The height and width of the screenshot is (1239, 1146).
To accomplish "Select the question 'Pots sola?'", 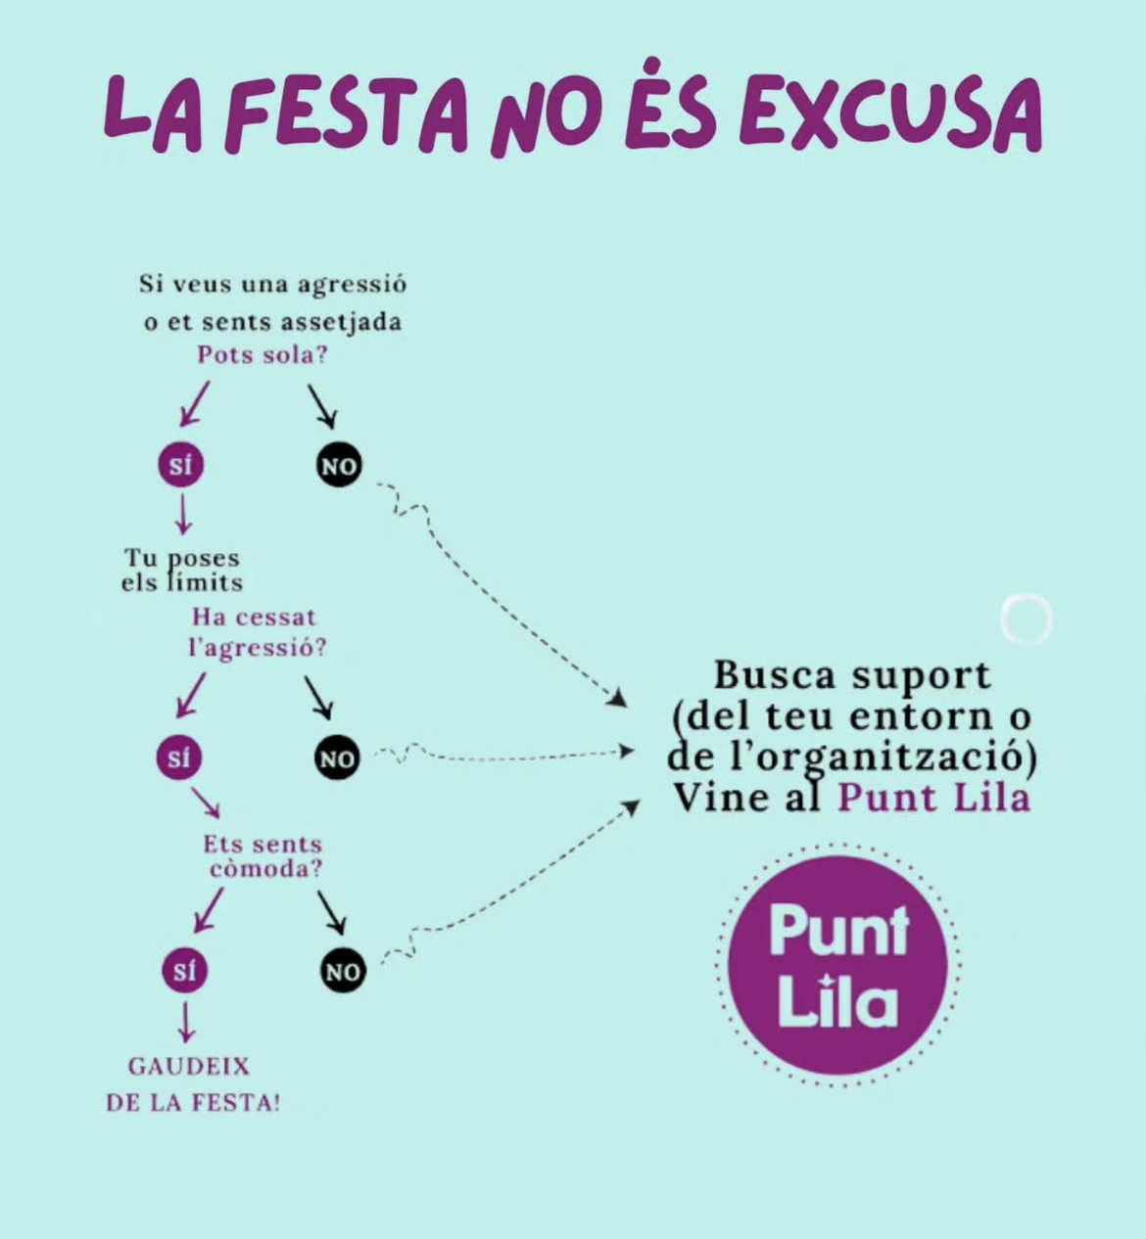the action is pos(263,355).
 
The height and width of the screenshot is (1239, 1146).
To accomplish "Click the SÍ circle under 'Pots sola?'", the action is pos(180,466).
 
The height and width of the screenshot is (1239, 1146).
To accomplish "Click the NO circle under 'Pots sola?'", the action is pos(339,466).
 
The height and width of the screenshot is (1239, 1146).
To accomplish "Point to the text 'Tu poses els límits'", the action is pos(181,571).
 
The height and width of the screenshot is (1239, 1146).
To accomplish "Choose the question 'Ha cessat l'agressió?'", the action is pos(257,632).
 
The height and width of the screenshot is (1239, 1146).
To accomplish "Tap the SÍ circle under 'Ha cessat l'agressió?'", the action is pos(178,758).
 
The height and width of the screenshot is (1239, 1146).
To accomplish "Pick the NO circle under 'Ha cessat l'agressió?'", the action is pos(337,758).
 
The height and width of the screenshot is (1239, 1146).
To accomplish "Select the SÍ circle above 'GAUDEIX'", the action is pos(184,971).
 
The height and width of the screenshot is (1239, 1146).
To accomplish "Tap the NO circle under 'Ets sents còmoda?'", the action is pos(342,971).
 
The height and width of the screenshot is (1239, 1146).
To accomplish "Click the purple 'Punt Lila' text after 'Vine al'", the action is pos(933,798).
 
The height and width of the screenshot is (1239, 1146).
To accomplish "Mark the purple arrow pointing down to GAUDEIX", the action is pos(185,1023).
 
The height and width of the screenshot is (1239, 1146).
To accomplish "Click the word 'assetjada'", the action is pos(341,323).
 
